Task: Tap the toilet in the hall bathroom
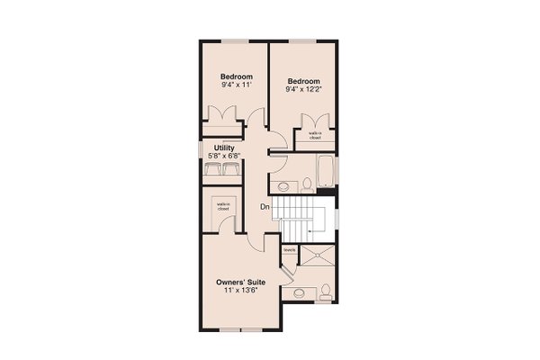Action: coord(307,185)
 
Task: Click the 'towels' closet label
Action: coord(290,250)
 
